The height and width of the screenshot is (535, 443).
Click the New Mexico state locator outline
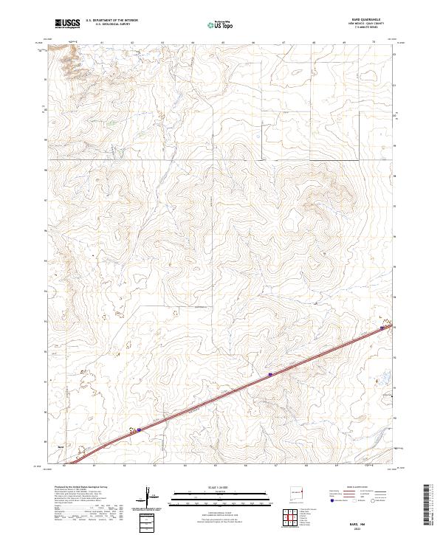click(x=299, y=489)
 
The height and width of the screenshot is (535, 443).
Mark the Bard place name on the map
click(x=61, y=446)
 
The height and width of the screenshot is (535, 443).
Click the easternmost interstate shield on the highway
click(x=382, y=328)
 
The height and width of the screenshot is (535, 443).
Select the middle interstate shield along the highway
click(x=270, y=375)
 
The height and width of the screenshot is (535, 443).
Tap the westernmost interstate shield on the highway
click(x=139, y=428)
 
